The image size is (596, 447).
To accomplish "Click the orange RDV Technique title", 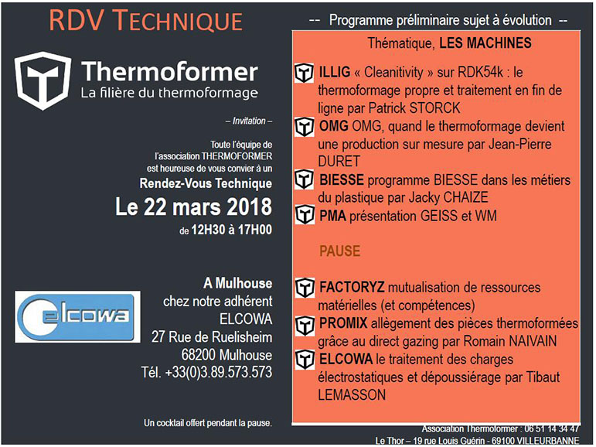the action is pyautogui.click(x=146, y=21).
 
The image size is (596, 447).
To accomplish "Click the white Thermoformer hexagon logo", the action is pyautogui.click(x=43, y=80).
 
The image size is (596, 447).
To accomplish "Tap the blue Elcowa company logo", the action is pyautogui.click(x=77, y=316).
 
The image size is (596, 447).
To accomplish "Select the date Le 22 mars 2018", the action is pyautogui.click(x=193, y=206).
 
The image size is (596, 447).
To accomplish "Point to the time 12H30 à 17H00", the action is pyautogui.click(x=231, y=230).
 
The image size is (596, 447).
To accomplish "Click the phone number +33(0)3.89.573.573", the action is pyautogui.click(x=219, y=372).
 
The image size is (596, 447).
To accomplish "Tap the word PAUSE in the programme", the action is pyautogui.click(x=339, y=251).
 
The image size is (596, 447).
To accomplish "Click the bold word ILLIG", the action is pyautogui.click(x=335, y=72).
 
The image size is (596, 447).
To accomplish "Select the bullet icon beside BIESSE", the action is pyautogui.click(x=305, y=180).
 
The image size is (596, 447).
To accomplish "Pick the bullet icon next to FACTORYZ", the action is pyautogui.click(x=305, y=288).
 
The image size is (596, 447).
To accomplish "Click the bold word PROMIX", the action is pyautogui.click(x=343, y=323).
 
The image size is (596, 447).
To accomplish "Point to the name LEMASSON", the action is pyautogui.click(x=352, y=395).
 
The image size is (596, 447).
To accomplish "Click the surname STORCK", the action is pyautogui.click(x=434, y=108).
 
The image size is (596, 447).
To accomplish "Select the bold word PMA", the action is pyautogui.click(x=332, y=216).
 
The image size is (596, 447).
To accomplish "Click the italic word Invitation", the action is pyautogui.click(x=249, y=121).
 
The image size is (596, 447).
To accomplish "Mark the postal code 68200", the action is pyautogui.click(x=198, y=355).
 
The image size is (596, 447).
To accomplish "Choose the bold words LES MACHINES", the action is pyautogui.click(x=485, y=43).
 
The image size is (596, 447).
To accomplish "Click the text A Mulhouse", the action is pyautogui.click(x=238, y=283).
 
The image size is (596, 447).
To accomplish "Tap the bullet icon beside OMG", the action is pyautogui.click(x=305, y=127).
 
